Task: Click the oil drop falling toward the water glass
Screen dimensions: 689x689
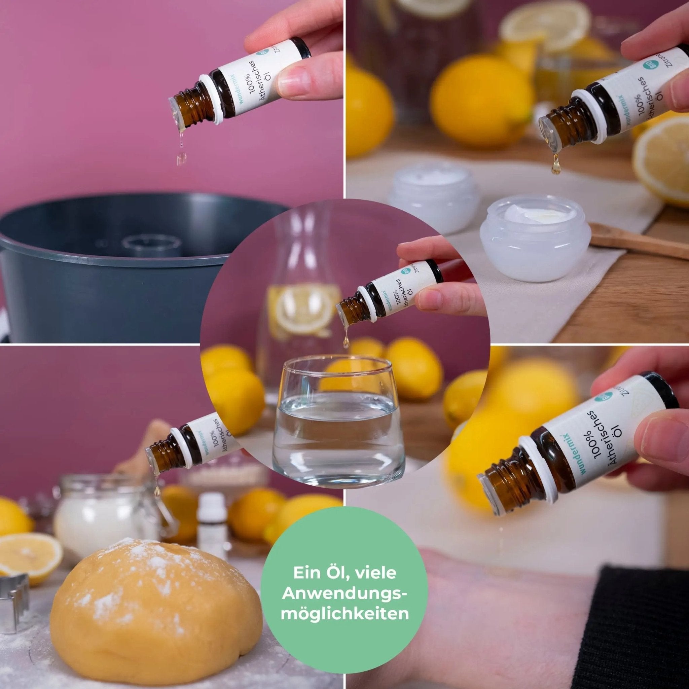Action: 345,343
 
